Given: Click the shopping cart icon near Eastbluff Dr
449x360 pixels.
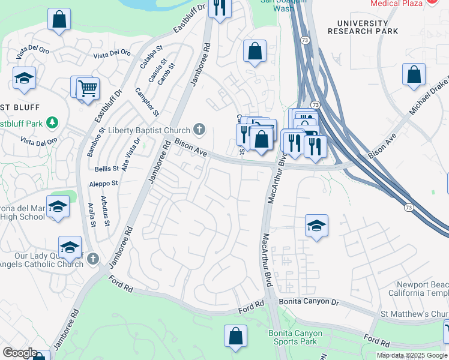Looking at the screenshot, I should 88,89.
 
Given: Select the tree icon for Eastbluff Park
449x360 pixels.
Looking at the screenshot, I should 53,123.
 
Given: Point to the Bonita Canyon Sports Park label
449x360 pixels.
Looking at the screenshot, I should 295,338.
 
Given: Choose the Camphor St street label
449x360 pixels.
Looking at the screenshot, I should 147,101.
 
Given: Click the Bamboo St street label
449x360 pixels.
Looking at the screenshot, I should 95,142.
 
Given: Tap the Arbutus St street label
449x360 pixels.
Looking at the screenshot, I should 105,211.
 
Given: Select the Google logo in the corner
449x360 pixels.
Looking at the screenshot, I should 20,353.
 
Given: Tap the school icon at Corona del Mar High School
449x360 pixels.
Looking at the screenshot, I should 58,206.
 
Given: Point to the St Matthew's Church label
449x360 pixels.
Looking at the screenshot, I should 414,314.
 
